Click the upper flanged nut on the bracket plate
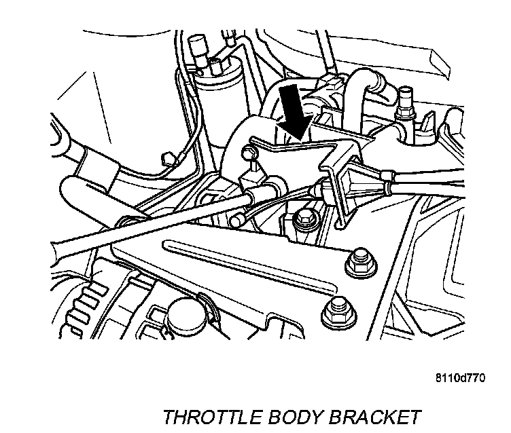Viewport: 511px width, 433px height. click(x=356, y=262)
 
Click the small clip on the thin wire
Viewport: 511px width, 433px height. click(x=166, y=159)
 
